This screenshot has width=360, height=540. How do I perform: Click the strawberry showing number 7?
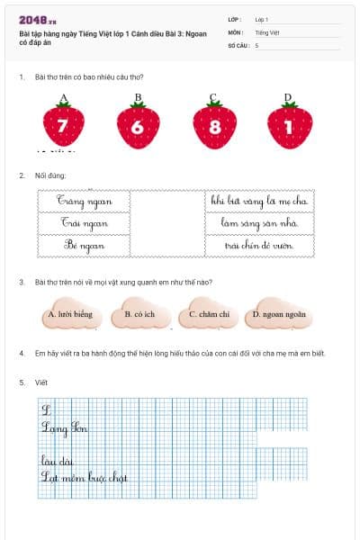pos(63,126)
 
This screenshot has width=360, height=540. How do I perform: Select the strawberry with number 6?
pos(138,126)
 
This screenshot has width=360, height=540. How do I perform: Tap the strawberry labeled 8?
pos(213,126)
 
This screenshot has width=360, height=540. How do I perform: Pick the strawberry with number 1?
pos(289,126)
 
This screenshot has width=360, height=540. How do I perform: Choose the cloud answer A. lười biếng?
pos(69,315)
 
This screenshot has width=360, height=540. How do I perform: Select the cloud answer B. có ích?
pos(139,315)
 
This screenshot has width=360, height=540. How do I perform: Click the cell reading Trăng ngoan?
pos(85,201)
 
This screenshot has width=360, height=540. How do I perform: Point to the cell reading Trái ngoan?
pos(85,222)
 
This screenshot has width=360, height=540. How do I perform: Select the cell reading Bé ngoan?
pos(85,245)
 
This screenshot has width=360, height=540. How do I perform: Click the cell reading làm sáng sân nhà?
pos(260,222)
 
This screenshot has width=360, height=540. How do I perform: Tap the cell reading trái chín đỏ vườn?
pos(260,245)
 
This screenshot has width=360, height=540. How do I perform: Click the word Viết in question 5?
pos(40,382)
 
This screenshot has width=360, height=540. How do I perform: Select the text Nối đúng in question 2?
pos(50,175)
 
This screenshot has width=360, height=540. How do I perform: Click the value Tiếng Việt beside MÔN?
pos(267,31)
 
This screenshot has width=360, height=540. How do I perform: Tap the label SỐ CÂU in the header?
pos(238,44)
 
